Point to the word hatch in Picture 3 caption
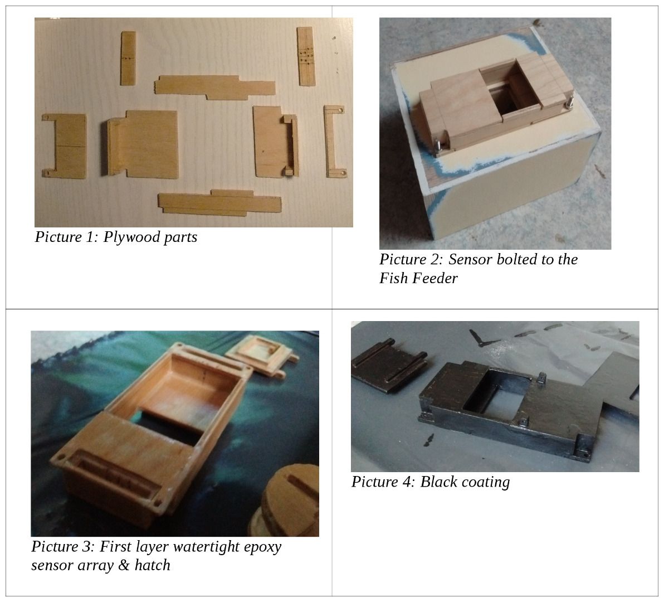click(152, 565)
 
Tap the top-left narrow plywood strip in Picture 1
click(128, 58)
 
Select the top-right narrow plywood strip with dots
click(304, 56)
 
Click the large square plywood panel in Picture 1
click(150, 142)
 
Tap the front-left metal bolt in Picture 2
click(437, 144)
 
